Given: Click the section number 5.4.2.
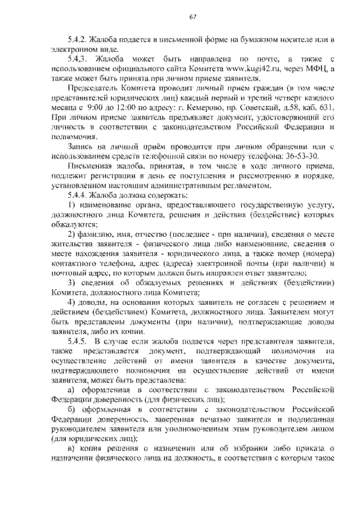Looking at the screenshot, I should pos(75,40).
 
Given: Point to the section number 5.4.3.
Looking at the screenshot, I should pos(76,58).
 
